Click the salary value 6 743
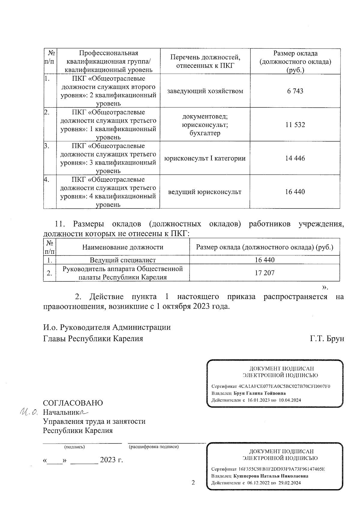click(295, 91)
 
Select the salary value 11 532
click(295, 125)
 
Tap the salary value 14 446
click(295, 158)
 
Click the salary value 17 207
click(264, 273)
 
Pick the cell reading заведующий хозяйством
click(205, 91)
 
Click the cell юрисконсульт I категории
click(205, 158)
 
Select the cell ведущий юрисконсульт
click(205, 192)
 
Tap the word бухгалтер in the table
click(205, 133)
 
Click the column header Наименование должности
click(123, 247)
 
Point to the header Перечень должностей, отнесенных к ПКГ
click(205, 61)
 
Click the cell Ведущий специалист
click(123, 260)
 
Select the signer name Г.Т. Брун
click(327, 339)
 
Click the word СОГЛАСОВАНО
click(73, 403)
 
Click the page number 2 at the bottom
click(193, 483)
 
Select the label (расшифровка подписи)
click(154, 447)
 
